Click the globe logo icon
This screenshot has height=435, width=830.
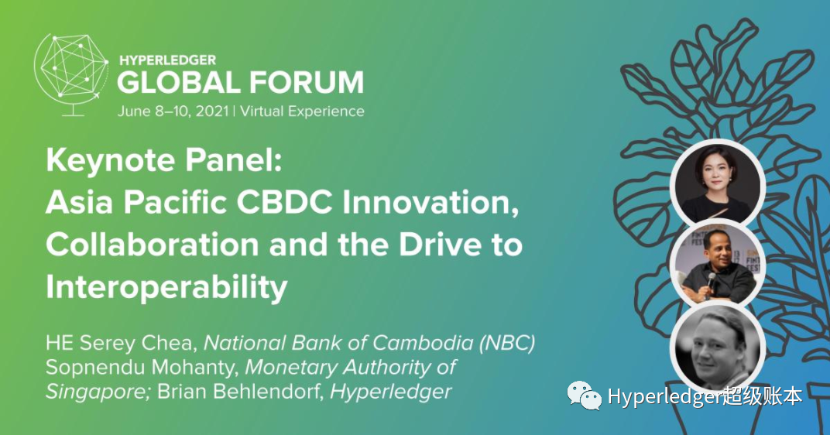[70, 74]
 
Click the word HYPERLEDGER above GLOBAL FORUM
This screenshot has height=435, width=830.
[168, 60]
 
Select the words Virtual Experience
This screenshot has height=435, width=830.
[302, 111]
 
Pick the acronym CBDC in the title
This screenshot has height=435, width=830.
[285, 201]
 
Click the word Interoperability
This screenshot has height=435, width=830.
[166, 287]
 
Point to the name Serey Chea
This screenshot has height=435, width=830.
[135, 344]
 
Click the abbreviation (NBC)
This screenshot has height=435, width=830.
[507, 343]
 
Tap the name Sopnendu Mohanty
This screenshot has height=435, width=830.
[142, 367]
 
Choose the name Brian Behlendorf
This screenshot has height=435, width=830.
[240, 392]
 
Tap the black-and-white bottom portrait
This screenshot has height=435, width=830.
[718, 348]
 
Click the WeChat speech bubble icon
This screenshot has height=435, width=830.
[585, 396]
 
